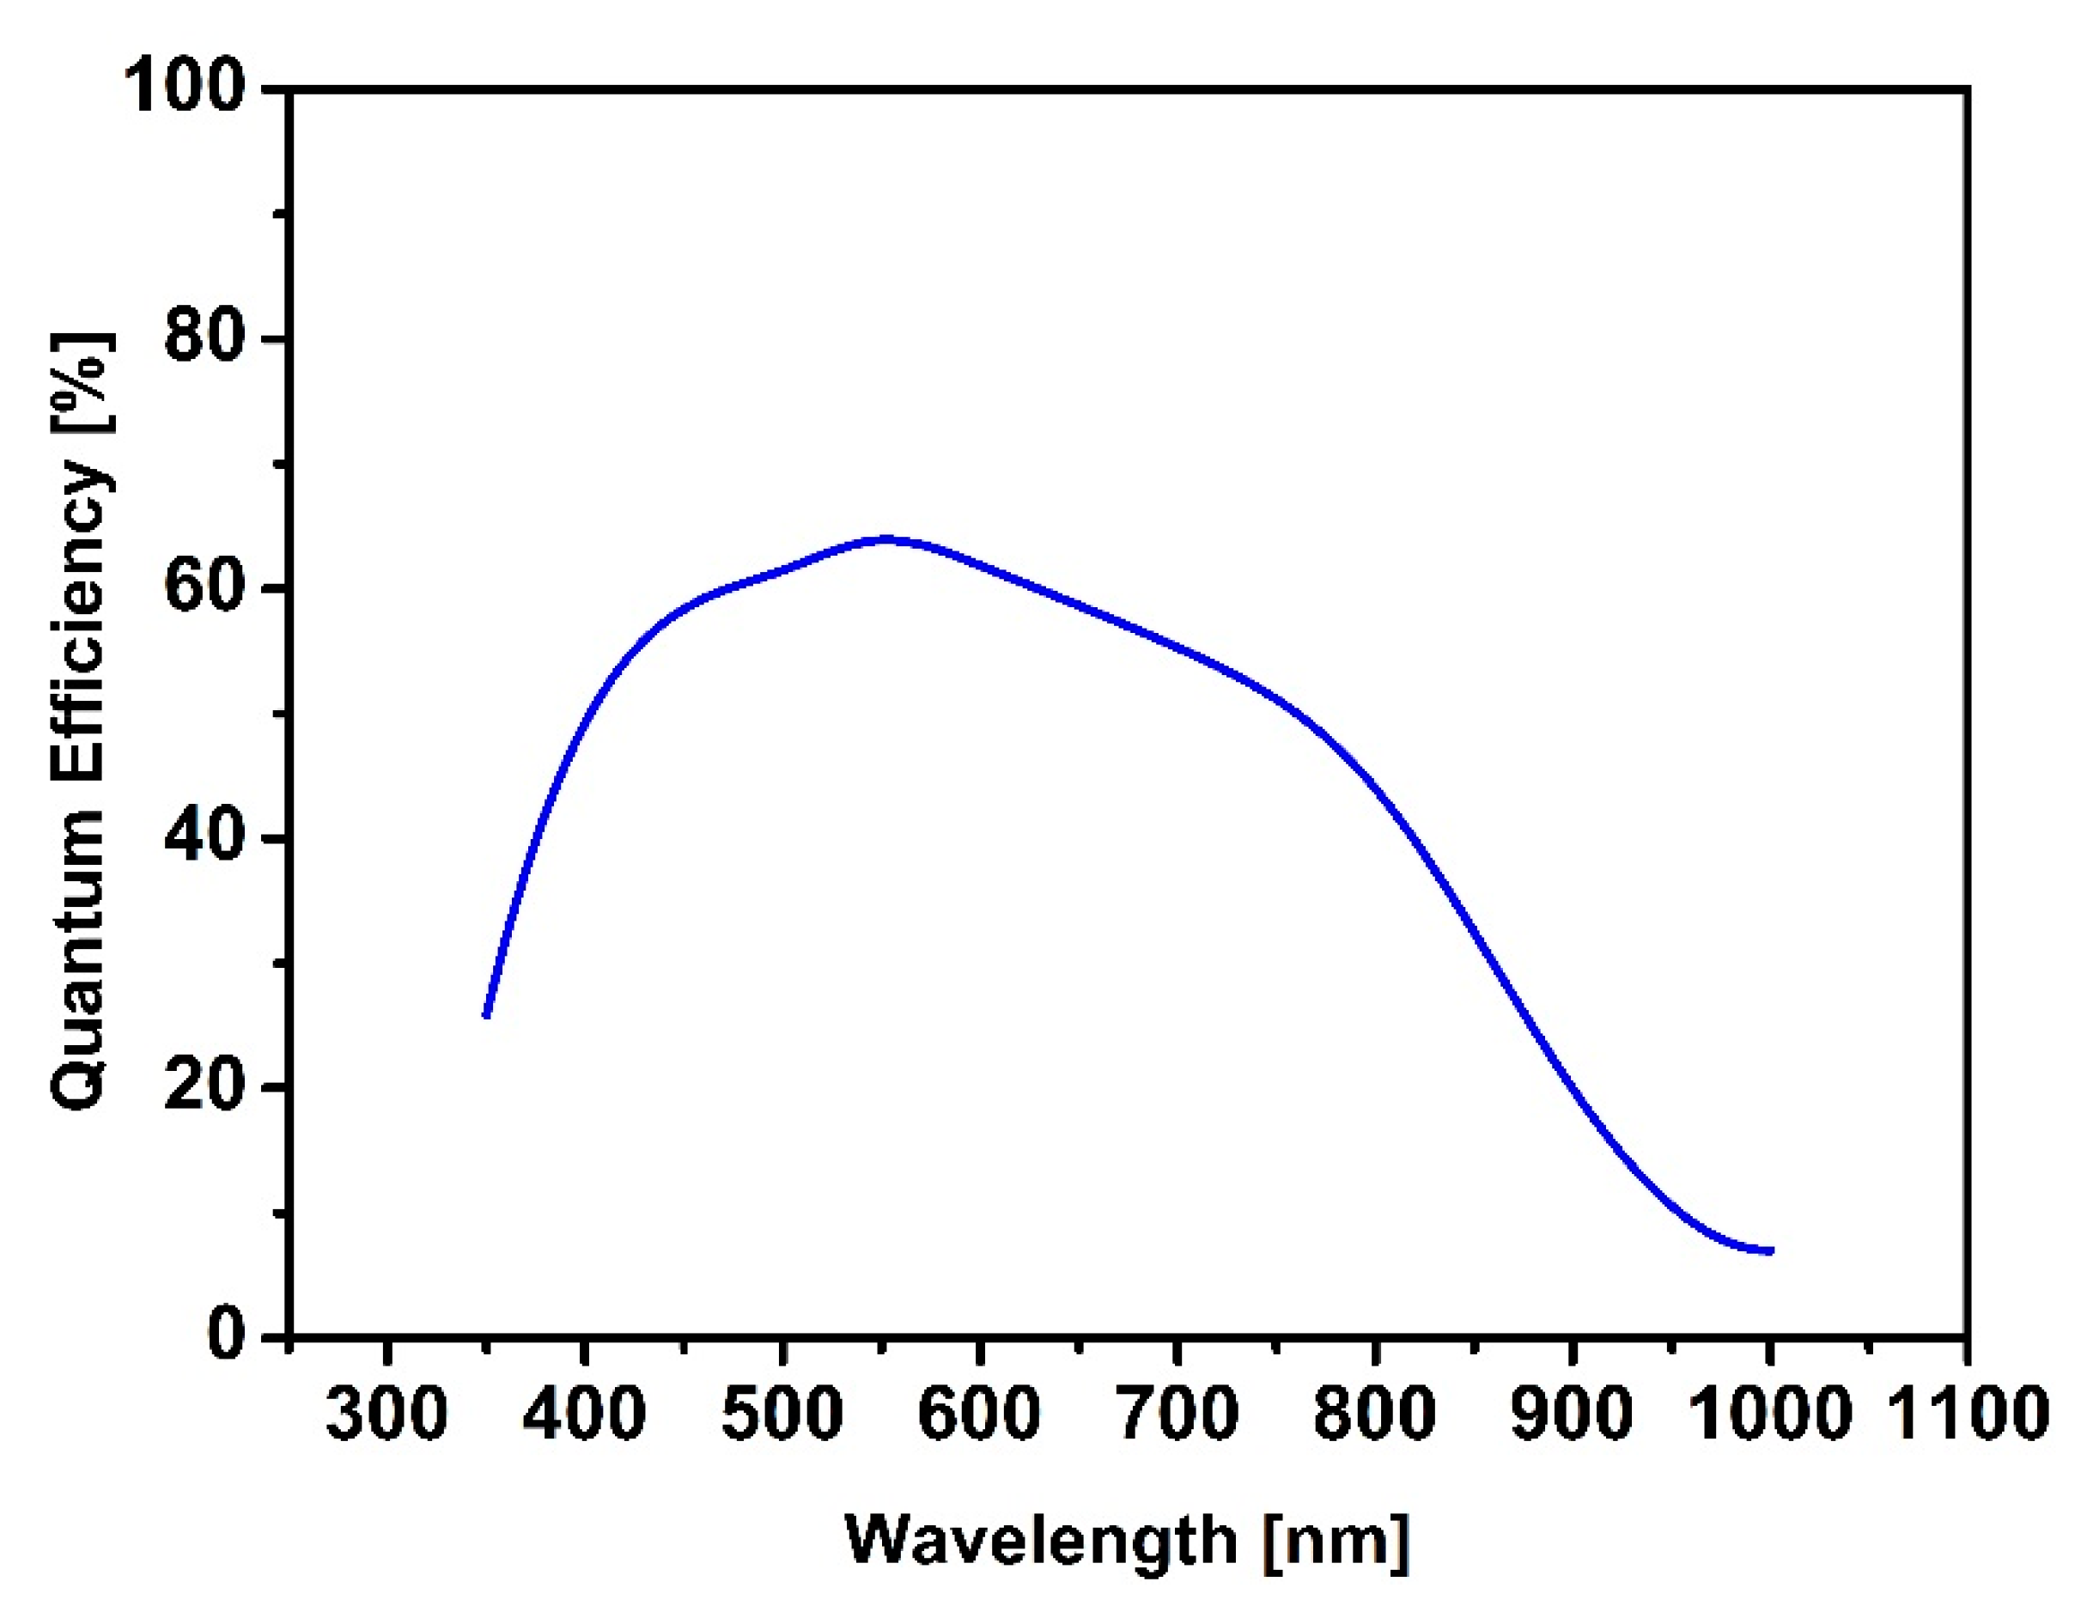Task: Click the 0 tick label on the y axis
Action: coord(226,1335)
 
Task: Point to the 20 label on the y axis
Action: coord(204,1085)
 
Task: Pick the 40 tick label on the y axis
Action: coord(204,836)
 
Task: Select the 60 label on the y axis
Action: coord(204,587)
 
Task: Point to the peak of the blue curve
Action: coord(885,538)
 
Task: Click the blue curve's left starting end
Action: coord(486,1014)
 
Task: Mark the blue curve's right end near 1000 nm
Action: coord(1769,1251)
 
